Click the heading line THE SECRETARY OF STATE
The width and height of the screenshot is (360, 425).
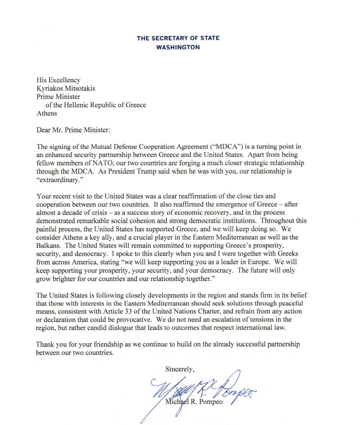[178, 38]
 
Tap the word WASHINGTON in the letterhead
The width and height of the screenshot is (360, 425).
[178, 47]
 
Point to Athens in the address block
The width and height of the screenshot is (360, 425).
[47, 113]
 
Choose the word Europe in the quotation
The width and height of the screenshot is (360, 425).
[263, 262]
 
